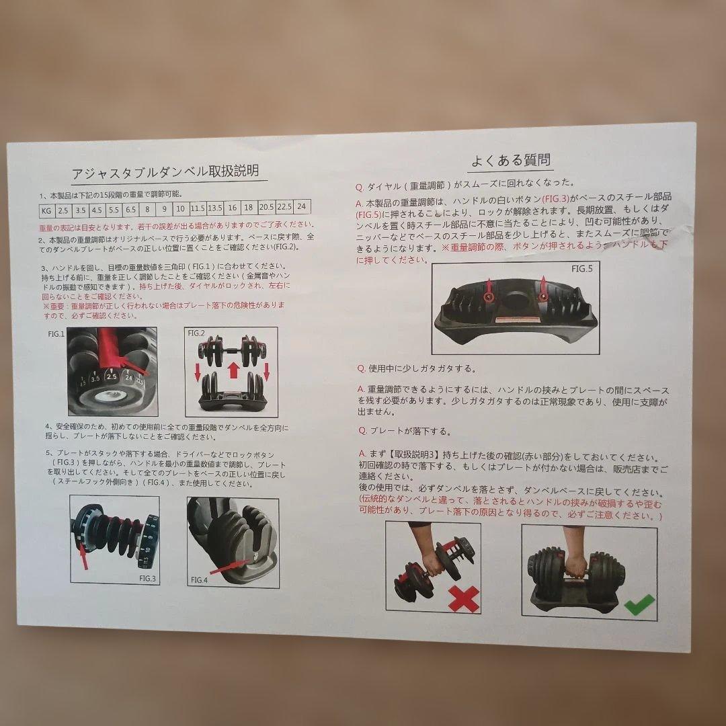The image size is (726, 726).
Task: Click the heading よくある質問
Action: (510, 160)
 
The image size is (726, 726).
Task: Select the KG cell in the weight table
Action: (46, 210)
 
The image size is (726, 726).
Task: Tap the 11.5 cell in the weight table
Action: (197, 208)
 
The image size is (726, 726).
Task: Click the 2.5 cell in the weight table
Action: (64, 210)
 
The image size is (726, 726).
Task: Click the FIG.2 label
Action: (196, 333)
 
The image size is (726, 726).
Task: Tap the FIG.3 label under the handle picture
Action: (148, 576)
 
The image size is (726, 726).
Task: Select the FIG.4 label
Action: (199, 579)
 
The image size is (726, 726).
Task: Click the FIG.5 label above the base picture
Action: (581, 269)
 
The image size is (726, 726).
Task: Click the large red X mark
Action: (464, 598)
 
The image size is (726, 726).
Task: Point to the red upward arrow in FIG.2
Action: (233, 368)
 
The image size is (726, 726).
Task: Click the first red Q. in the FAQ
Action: (361, 182)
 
